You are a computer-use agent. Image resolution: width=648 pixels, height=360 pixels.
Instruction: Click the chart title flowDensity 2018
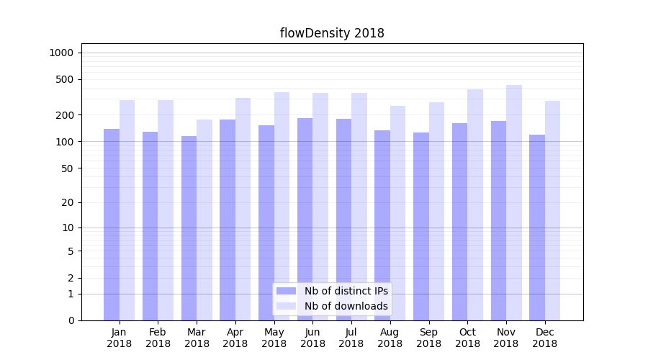pos(332,33)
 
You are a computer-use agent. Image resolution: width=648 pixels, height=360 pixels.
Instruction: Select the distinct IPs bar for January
pos(112,225)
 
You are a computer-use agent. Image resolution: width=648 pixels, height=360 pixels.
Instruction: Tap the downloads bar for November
pos(514,202)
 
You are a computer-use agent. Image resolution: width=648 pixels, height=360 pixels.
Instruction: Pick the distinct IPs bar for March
pos(189,228)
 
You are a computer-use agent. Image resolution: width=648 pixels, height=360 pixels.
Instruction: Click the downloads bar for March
pos(204,220)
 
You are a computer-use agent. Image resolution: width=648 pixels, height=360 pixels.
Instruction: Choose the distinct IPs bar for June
pos(305,219)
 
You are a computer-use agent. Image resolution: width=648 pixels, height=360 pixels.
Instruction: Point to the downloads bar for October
pos(475,204)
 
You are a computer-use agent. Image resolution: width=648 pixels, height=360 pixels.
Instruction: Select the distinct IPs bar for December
pos(537,228)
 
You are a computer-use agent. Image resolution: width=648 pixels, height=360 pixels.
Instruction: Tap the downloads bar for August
pos(398,213)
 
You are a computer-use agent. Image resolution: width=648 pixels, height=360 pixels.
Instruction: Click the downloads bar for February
pos(166,210)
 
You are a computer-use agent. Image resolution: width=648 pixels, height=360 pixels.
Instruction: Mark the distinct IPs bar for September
pos(421,226)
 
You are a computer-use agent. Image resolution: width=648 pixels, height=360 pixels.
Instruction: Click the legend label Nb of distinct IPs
pos(346,291)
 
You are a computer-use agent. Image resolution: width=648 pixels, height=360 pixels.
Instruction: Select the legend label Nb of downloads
pos(346,306)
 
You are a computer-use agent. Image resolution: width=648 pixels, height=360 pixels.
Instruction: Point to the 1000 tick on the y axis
pos(61,53)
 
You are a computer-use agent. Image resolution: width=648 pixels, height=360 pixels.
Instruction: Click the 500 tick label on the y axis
pos(65,79)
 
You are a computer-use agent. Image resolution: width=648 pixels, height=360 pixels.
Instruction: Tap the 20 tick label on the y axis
pos(68,202)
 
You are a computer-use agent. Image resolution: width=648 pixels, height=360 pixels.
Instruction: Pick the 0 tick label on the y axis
pos(71,320)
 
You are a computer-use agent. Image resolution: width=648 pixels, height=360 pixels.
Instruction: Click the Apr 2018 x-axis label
pos(235,338)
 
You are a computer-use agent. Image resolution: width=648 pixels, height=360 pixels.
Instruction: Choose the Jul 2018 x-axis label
pos(351,338)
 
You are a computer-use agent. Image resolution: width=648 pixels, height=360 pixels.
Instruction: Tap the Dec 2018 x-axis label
pos(544,338)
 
